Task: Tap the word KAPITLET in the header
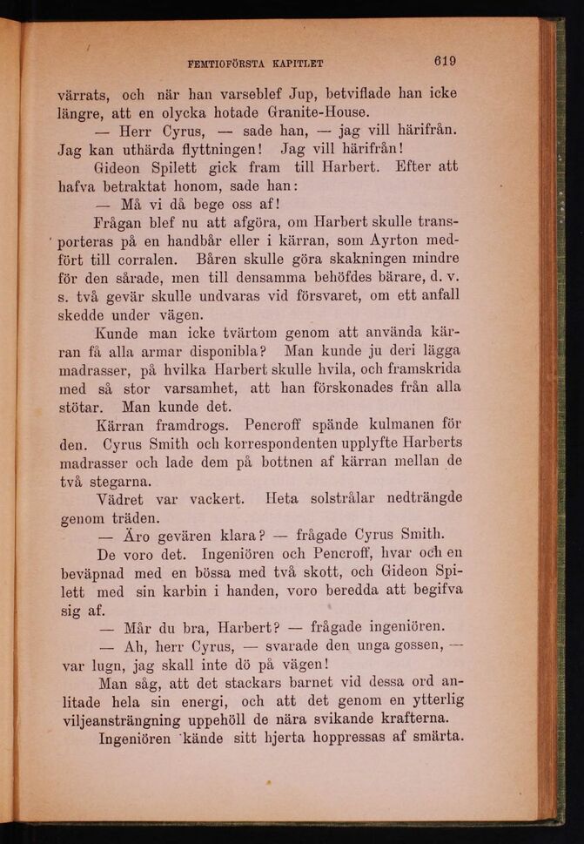pos(297,63)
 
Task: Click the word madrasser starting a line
pos(95,369)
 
